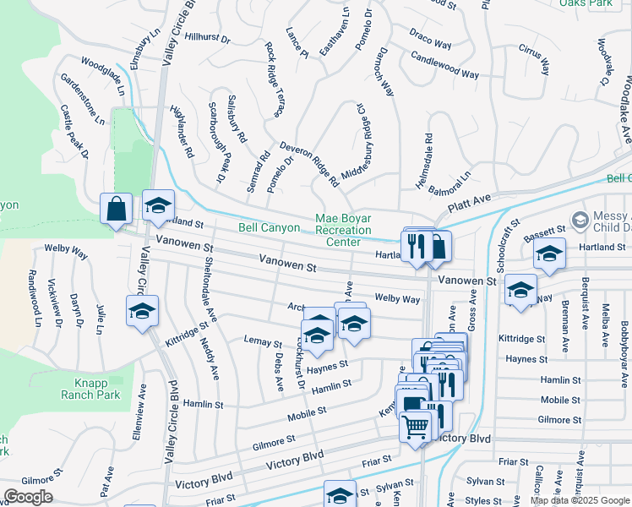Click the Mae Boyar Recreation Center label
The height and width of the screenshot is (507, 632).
pyautogui.click(x=343, y=230)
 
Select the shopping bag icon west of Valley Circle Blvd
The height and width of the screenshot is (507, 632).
pyautogui.click(x=116, y=208)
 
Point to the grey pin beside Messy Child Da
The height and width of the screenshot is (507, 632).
pyautogui.click(x=580, y=221)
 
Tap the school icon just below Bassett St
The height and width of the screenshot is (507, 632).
pyautogui.click(x=549, y=255)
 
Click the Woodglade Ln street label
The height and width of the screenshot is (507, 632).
pyautogui.click(x=103, y=75)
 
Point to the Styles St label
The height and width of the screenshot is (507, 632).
pyautogui.click(x=483, y=501)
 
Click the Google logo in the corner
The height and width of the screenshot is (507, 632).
pyautogui.click(x=28, y=496)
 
